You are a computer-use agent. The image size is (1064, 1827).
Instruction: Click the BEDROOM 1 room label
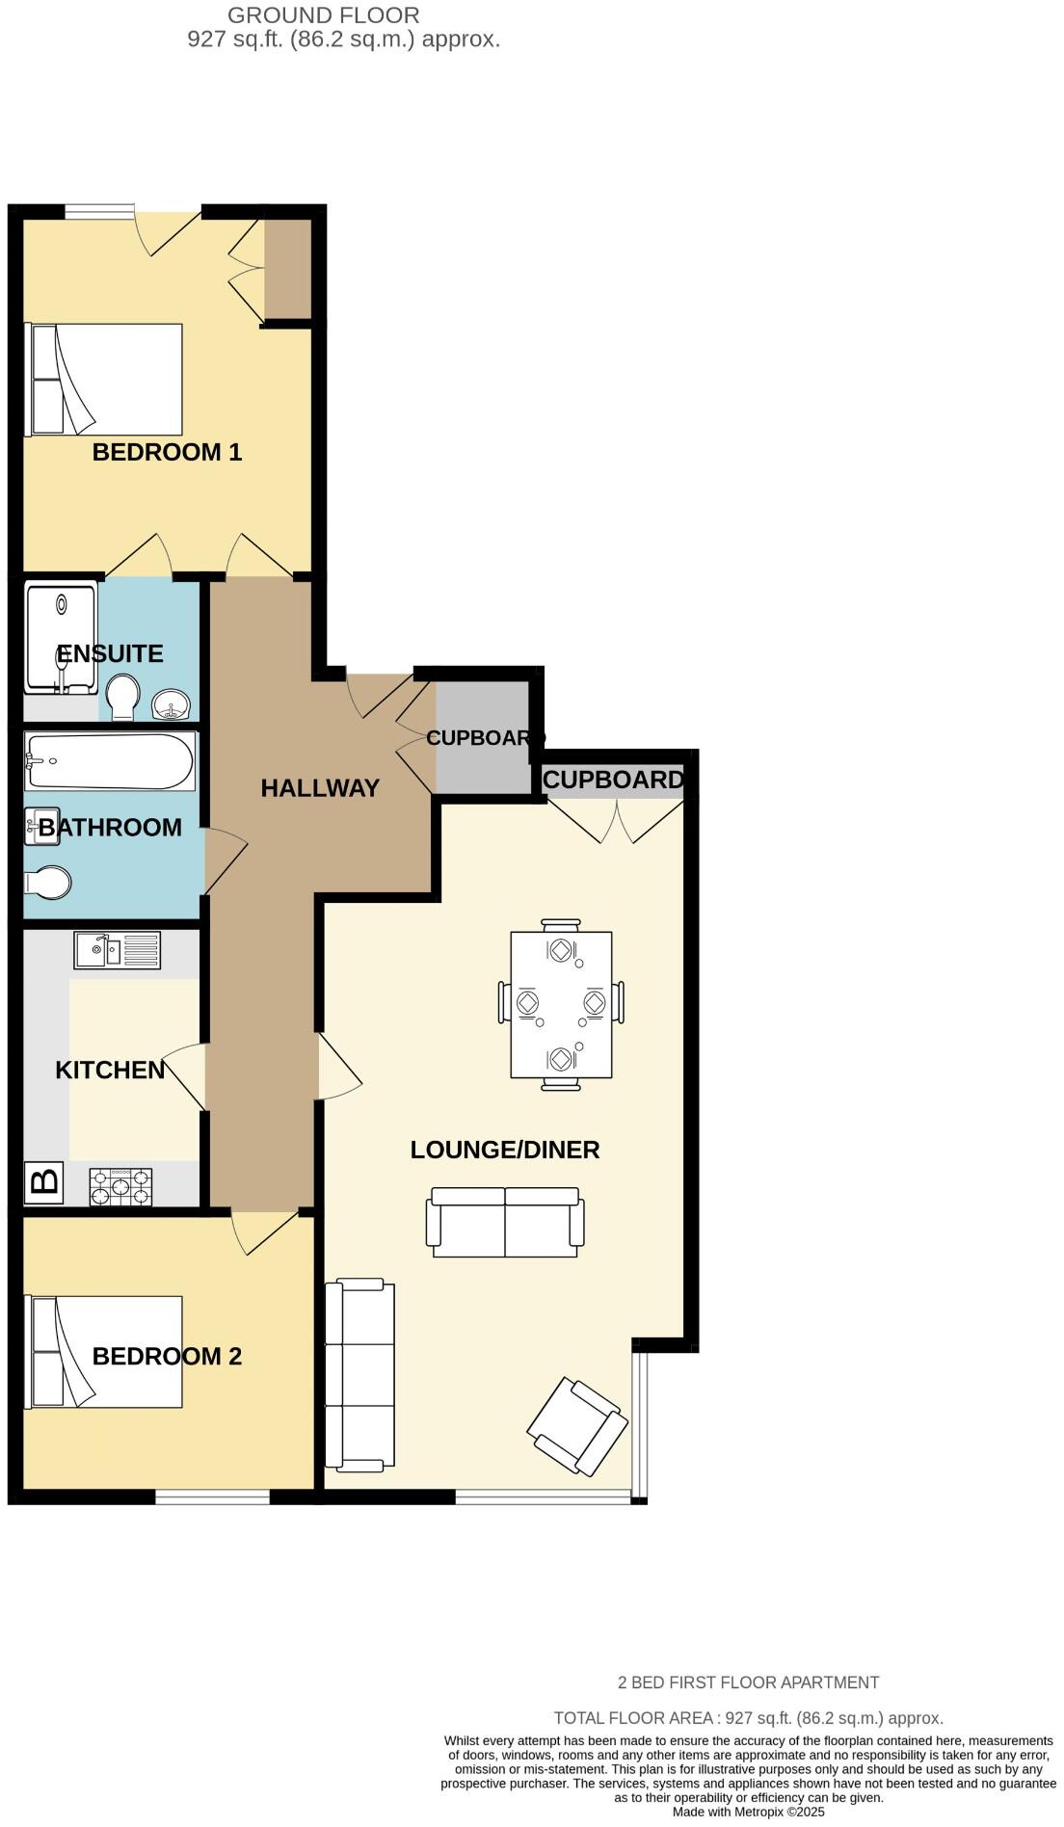pyautogui.click(x=167, y=452)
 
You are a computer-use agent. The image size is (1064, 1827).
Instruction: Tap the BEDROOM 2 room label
pyautogui.click(x=167, y=1356)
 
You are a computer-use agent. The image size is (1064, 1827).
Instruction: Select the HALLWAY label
pyautogui.click(x=320, y=788)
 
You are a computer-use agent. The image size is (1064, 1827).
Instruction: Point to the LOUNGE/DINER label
pyautogui.click(x=505, y=1150)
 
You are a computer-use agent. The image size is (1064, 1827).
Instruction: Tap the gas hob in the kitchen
pyautogui.click(x=120, y=1186)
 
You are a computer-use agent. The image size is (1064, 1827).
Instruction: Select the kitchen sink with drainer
pyautogui.click(x=117, y=950)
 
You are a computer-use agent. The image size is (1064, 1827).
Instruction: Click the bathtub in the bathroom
pyautogui.click(x=109, y=762)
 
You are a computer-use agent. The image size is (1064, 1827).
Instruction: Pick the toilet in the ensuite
pyautogui.click(x=122, y=698)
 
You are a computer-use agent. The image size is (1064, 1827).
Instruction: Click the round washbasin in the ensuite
pyautogui.click(x=171, y=705)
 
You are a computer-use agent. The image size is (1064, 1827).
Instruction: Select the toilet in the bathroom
pyautogui.click(x=48, y=882)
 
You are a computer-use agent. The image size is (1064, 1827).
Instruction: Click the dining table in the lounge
pyautogui.click(x=561, y=1004)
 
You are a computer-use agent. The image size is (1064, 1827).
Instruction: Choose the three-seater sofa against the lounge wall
pyautogui.click(x=360, y=1375)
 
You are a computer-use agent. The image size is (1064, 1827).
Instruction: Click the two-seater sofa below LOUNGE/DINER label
pyautogui.click(x=505, y=1222)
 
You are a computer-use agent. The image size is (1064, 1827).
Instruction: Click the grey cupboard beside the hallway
pyautogui.click(x=483, y=737)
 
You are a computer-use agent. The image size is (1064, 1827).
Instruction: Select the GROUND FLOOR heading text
pyautogui.click(x=324, y=15)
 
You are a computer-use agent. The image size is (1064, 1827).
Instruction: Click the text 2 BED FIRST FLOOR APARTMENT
pyautogui.click(x=748, y=1682)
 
